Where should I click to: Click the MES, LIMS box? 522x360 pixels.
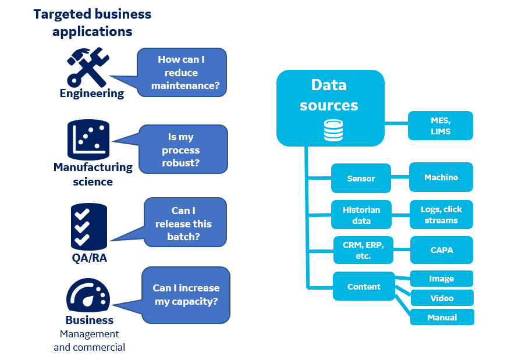pos(441,126)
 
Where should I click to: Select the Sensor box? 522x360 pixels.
pos(361,178)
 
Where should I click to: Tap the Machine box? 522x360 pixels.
pos(441,177)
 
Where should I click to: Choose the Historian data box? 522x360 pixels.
pos(361,215)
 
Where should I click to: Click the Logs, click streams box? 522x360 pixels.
pos(441,215)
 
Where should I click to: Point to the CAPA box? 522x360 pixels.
pos(441,250)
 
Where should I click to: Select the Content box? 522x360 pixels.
pos(364,287)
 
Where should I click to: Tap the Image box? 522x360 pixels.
pos(441,279)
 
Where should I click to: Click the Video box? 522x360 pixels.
pos(441,298)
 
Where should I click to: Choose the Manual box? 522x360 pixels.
pos(442,317)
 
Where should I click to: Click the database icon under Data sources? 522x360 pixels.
pos(333,130)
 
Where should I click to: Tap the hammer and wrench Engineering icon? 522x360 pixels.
pos(87,67)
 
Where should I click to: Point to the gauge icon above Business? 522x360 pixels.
pos(88,296)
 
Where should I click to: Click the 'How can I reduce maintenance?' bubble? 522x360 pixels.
pos(181,73)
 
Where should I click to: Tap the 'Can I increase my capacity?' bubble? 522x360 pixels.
pos(186,295)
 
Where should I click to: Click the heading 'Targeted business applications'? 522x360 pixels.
pos(92,22)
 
